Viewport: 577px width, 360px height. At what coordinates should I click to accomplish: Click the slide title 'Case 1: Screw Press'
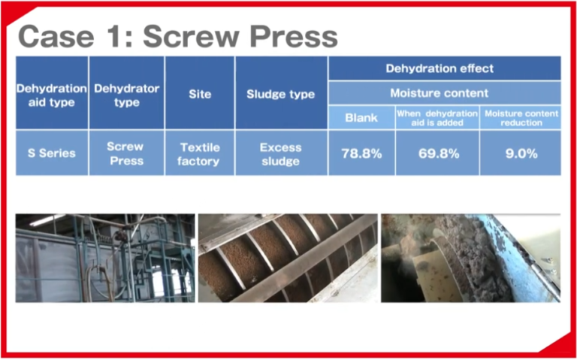[177, 35]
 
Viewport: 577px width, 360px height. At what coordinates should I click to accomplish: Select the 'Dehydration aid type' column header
[51, 95]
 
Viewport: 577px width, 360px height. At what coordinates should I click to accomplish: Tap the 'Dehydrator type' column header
[126, 95]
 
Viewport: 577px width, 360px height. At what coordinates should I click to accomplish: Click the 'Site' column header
[199, 95]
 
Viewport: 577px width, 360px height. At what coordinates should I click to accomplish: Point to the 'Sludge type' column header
[281, 95]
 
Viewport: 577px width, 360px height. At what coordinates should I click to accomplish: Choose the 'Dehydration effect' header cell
[444, 68]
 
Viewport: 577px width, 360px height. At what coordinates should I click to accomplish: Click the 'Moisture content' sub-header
[444, 93]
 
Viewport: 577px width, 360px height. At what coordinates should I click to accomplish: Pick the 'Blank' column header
[361, 117]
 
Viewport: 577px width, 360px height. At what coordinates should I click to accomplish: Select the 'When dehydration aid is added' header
[437, 117]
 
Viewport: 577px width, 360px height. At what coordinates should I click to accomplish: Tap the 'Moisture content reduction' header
[521, 117]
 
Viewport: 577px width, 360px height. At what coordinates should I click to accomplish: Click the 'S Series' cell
[51, 153]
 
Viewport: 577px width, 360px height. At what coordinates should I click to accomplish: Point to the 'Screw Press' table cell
[126, 153]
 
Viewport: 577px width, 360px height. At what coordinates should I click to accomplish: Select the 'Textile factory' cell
[199, 153]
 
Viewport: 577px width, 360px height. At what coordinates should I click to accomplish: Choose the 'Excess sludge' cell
[281, 153]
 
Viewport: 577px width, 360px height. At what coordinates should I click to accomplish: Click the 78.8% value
[361, 153]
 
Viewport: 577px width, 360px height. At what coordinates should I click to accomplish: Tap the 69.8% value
[437, 153]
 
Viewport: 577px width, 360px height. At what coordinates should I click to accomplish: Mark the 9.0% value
[521, 153]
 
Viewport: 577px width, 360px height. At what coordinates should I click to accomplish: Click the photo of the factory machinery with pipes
[105, 258]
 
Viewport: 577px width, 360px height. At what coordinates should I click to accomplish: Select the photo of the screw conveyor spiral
[288, 258]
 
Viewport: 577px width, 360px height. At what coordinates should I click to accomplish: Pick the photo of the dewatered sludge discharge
[470, 258]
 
